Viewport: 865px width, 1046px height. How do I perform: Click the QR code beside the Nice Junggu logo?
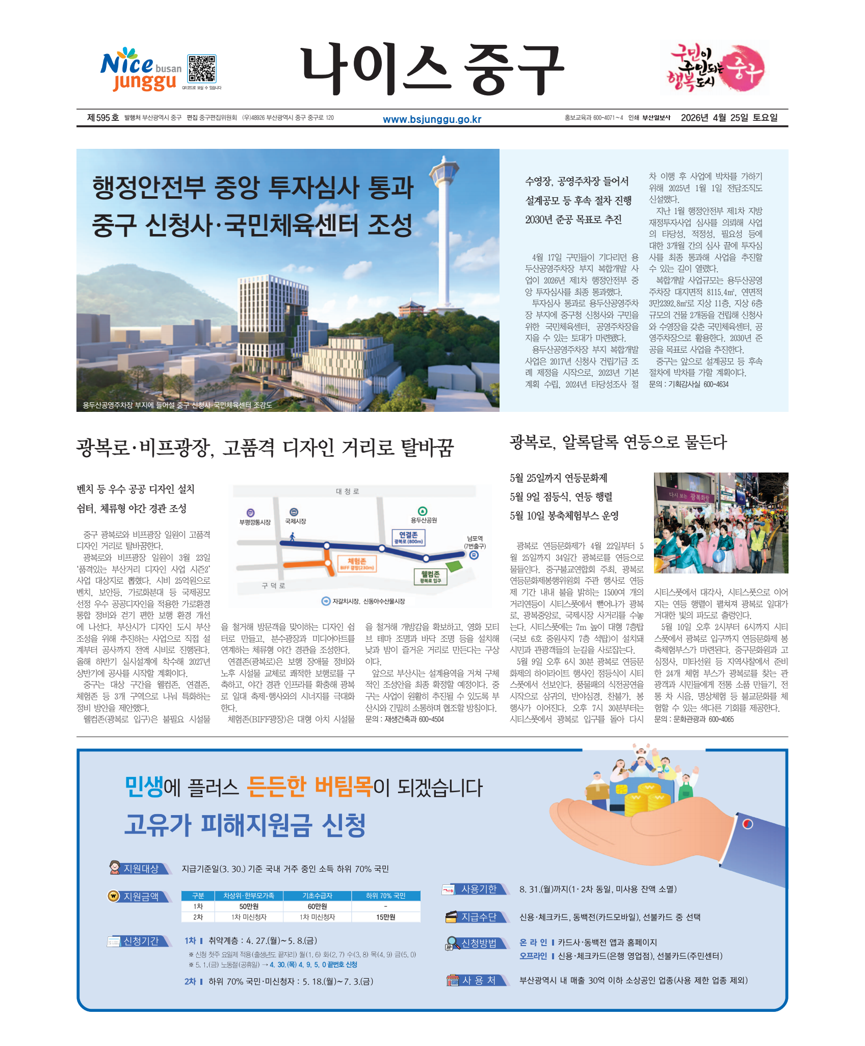coord(202,69)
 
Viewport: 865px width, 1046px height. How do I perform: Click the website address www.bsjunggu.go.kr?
coord(432,119)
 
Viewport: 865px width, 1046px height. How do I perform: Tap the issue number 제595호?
coord(102,118)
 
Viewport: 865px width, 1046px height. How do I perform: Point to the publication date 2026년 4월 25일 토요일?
coord(729,118)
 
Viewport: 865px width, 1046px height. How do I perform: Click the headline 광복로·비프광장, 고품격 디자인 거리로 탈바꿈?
coord(265,448)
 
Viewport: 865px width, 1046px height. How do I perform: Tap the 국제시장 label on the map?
coord(295,521)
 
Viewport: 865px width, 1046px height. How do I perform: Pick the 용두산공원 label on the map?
coord(424,520)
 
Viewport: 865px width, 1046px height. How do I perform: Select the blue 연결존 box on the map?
coord(408,537)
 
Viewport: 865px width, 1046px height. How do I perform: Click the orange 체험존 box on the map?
coord(357,564)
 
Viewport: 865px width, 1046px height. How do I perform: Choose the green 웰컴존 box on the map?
coord(431,577)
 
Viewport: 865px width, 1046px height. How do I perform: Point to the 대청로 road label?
coord(348,491)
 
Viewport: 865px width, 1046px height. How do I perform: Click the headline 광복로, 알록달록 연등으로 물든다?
coord(618,442)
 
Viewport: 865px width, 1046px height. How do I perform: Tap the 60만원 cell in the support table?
coord(317,906)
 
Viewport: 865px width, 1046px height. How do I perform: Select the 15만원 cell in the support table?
coord(385,917)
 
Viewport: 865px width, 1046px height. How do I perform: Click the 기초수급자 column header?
coord(317,896)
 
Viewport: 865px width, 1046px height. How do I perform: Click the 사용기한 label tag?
coord(478,889)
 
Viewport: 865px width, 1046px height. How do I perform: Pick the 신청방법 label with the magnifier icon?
coord(478,943)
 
